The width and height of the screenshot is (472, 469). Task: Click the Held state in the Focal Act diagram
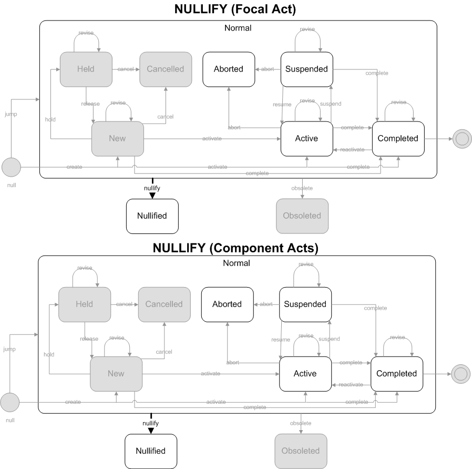click(x=86, y=69)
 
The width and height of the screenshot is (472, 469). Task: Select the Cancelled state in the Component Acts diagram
click(x=165, y=304)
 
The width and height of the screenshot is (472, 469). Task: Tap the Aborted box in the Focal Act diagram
click(x=229, y=69)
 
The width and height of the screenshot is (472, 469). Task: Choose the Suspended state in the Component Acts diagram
click(x=305, y=304)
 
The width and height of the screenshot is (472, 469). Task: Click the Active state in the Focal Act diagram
click(x=307, y=139)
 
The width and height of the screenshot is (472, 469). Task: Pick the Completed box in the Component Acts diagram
click(x=397, y=374)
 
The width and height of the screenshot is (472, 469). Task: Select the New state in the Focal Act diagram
click(x=117, y=139)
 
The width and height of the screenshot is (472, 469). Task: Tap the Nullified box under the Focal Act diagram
click(x=152, y=216)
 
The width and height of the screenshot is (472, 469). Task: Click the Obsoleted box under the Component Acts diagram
click(x=301, y=451)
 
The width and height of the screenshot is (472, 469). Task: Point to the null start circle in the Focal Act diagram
click(x=11, y=167)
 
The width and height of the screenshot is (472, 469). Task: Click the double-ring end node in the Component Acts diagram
click(x=460, y=374)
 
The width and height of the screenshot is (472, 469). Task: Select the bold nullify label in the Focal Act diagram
click(x=152, y=188)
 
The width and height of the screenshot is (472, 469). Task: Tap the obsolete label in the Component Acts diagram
click(x=301, y=423)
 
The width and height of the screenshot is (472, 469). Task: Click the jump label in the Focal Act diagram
click(x=11, y=114)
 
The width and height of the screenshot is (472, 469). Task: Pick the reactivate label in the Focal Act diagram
click(x=352, y=150)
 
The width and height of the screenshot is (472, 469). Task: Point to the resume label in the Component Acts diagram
click(x=281, y=340)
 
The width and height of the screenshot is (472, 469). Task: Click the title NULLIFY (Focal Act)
click(x=235, y=9)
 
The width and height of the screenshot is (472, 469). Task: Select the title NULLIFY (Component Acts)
click(x=235, y=248)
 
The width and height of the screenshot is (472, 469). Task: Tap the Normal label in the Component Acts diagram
click(x=237, y=263)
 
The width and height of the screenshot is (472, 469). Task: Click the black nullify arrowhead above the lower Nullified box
click(x=151, y=431)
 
